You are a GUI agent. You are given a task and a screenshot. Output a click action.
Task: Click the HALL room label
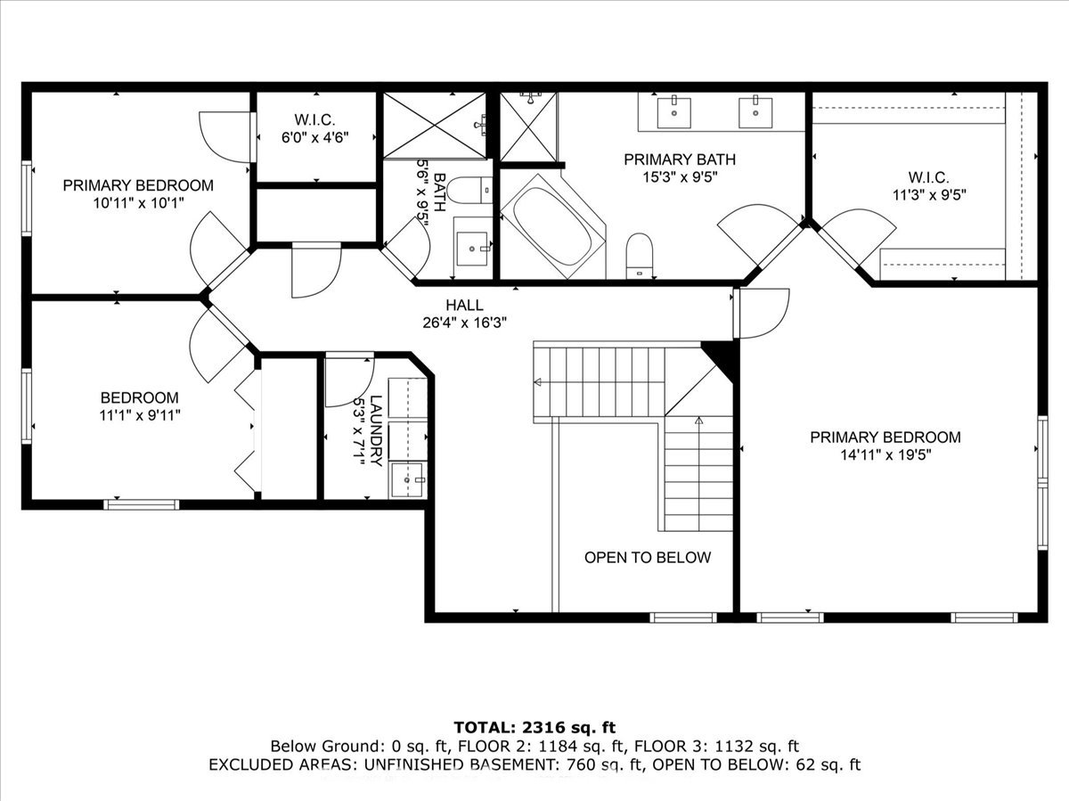click(x=465, y=306)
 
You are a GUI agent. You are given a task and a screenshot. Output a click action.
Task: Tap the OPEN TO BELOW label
click(x=648, y=558)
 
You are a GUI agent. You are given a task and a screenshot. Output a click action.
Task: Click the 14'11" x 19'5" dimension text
click(x=885, y=455)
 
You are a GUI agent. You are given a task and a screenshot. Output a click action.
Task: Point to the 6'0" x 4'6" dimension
click(x=315, y=138)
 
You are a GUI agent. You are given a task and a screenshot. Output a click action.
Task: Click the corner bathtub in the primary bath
click(x=553, y=227)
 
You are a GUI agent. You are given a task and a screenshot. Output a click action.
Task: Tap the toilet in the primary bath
click(x=640, y=255)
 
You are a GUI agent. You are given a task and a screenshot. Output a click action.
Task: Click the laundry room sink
click(x=408, y=479)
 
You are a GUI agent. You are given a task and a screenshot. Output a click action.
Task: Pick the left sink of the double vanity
click(x=674, y=112)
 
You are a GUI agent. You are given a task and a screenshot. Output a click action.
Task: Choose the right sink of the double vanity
click(x=755, y=112)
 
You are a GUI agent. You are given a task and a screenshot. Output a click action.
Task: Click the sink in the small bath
click(x=472, y=249)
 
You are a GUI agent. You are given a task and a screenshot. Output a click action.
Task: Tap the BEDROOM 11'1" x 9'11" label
click(x=140, y=406)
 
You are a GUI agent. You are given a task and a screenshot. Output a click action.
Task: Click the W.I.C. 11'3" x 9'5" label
click(x=929, y=185)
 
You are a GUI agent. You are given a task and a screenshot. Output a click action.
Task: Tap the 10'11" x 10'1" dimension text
click(x=138, y=202)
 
